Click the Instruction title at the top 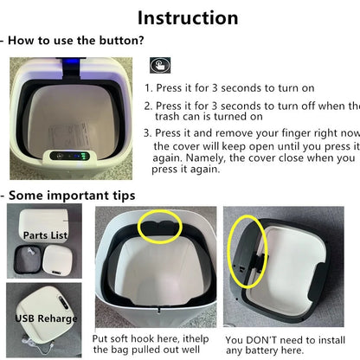pyautogui.click(x=188, y=18)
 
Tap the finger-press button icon pyautogui.click(x=160, y=65)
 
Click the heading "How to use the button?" pyautogui.click(x=76, y=41)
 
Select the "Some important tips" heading pyautogui.click(x=72, y=196)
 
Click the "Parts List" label pyautogui.click(x=45, y=235)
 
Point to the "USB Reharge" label pyautogui.click(x=46, y=318)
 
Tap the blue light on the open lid pyautogui.click(x=72, y=61)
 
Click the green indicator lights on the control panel pyautogui.click(x=84, y=157)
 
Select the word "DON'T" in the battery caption pyautogui.click(x=258, y=340)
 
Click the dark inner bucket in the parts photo pyautogui.click(x=27, y=260)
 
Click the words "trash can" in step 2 pyautogui.click(x=175, y=117)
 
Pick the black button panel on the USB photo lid pyautogui.click(x=63, y=302)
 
